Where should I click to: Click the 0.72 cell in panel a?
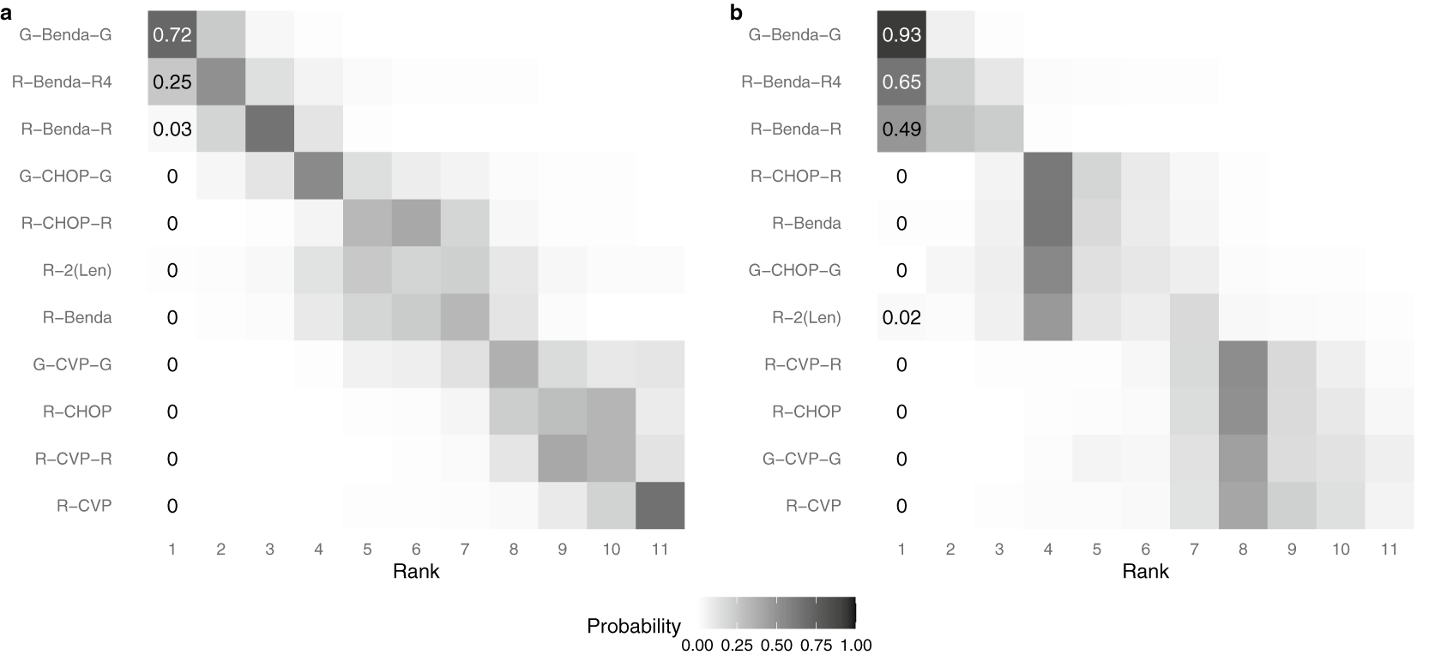tap(172, 35)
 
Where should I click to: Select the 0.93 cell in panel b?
tap(901, 35)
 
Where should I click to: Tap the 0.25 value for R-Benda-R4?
tap(172, 82)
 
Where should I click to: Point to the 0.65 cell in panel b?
tap(901, 82)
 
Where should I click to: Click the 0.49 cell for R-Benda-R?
tap(901, 129)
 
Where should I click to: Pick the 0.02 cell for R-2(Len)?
tap(901, 318)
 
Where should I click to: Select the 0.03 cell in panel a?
tap(172, 129)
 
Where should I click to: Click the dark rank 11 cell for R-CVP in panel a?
tap(660, 506)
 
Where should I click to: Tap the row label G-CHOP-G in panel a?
tap(66, 177)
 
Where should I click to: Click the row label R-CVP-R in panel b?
tap(802, 364)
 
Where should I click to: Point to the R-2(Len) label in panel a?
tap(78, 271)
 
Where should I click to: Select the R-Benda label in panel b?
tap(806, 224)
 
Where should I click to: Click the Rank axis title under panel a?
tap(416, 572)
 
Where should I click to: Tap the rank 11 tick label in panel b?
tap(1390, 550)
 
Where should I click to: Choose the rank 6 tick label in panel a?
tap(416, 550)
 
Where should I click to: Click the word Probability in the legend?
tap(634, 627)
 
